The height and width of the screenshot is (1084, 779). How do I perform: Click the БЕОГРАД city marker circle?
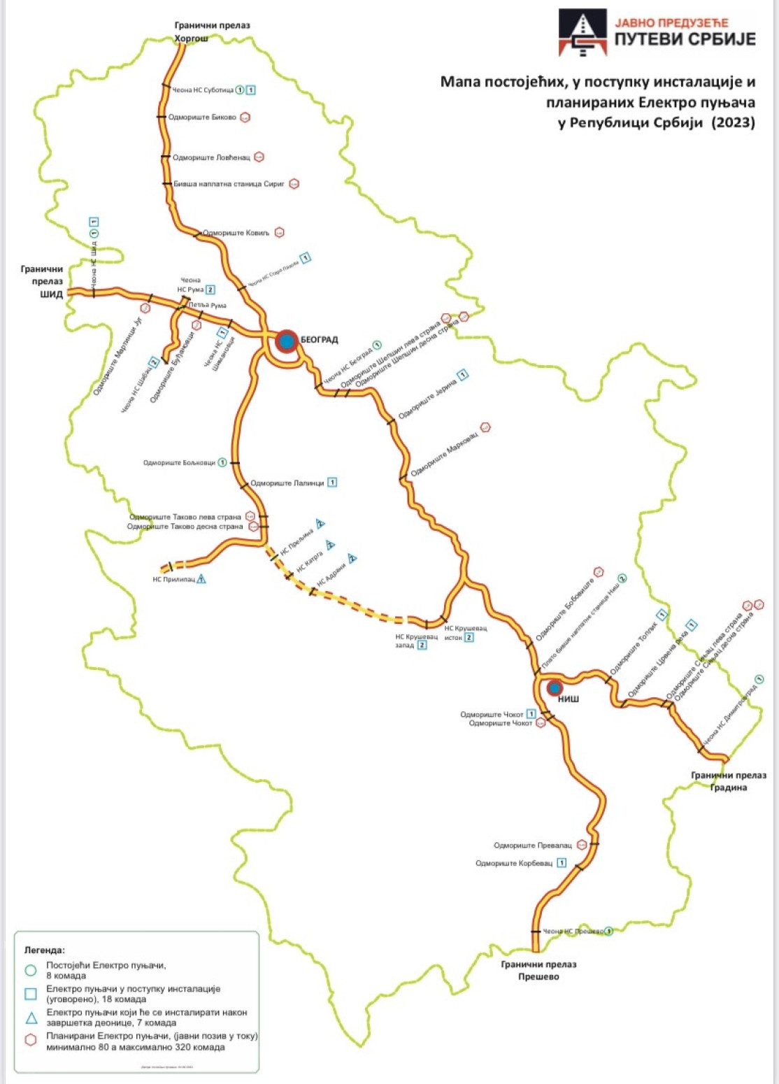coord(286,341)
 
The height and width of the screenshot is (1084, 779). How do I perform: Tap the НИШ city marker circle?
coord(555,688)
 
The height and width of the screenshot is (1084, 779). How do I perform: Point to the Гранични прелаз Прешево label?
coord(538,970)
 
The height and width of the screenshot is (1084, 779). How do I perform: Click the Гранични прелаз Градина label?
coord(729,781)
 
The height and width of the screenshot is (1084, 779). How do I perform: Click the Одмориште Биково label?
coord(202,117)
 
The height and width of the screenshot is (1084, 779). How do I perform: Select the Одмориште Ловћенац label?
coord(211,157)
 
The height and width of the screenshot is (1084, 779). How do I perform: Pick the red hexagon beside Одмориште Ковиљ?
coord(280,232)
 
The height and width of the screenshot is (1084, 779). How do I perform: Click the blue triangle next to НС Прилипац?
coord(201,578)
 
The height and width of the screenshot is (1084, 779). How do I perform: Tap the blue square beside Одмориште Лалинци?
coord(332,483)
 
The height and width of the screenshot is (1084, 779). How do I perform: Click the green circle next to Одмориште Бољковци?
coord(222,462)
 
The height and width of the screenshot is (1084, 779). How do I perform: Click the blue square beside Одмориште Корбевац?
coord(561,863)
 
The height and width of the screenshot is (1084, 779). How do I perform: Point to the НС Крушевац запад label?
coord(416,641)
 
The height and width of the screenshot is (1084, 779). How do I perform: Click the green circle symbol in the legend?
coord(31,970)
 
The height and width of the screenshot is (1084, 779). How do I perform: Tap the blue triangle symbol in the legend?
coord(31,1017)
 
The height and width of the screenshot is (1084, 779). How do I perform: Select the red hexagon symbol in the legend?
coord(31,1040)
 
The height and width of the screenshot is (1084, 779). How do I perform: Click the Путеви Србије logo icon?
coord(582,32)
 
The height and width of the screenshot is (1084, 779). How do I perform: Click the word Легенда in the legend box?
coord(45,950)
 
